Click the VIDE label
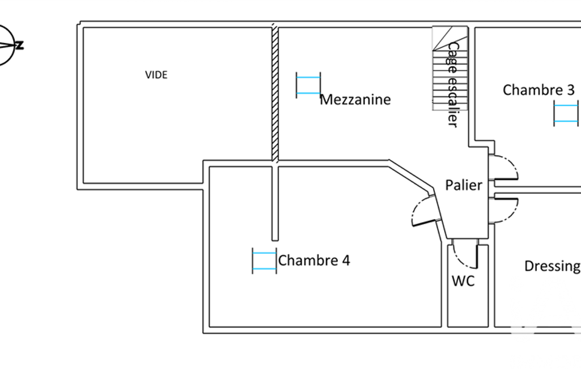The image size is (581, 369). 156,74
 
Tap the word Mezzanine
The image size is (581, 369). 355,100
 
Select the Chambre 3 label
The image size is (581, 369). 538,90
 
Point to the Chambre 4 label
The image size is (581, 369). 314,261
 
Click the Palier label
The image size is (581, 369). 464,185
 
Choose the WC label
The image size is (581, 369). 463,280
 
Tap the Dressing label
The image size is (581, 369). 552,266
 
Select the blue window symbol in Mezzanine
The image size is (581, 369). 308,85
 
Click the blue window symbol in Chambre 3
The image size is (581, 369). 566,113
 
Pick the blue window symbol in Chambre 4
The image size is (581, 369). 264,261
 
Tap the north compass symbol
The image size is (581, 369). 7,45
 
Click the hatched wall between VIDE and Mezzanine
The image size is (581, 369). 275,94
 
